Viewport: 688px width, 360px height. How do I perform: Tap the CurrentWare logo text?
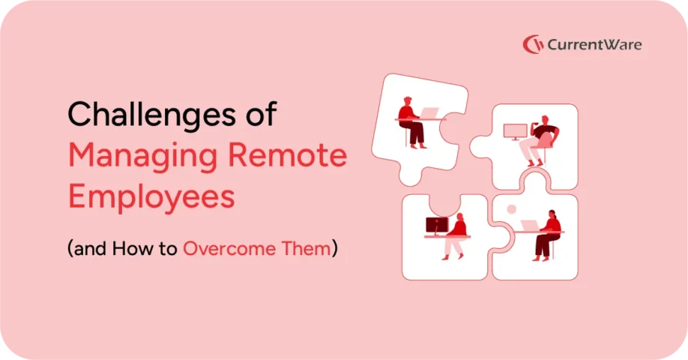point(594,44)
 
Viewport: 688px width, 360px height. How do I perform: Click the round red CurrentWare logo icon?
point(533,44)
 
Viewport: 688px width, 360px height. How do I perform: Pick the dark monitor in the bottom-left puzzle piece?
point(436,224)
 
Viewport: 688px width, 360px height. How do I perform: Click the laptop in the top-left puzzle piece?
point(429,113)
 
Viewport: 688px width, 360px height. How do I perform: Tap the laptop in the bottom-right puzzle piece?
point(528,224)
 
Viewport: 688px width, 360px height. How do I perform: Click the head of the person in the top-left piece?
point(407,100)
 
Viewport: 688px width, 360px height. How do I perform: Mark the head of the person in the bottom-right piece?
point(550,214)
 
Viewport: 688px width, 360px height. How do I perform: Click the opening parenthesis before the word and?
point(70,249)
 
